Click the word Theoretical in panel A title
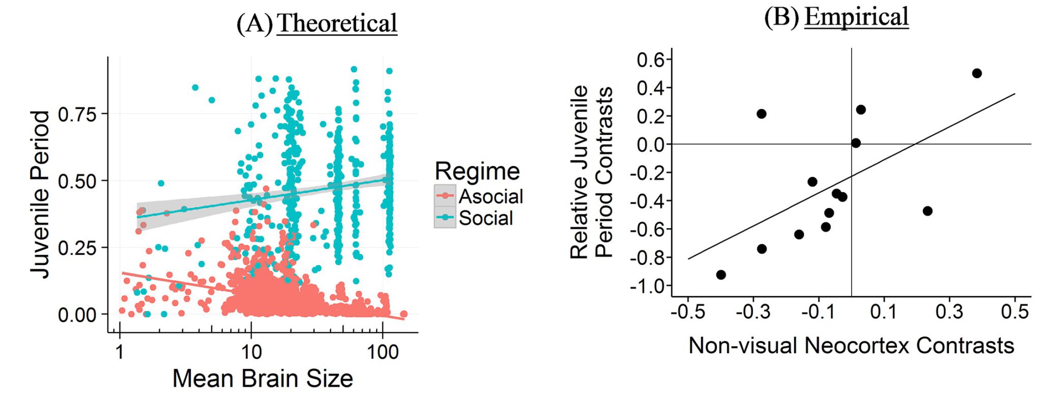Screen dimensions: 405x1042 337,23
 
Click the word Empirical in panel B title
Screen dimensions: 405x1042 856,17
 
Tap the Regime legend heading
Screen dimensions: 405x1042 477,171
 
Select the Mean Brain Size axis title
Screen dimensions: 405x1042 263,379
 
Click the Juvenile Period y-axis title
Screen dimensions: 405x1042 41,194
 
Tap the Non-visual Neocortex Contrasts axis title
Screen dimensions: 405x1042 851,346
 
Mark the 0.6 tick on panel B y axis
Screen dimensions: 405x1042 651,60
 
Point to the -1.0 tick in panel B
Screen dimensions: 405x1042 647,286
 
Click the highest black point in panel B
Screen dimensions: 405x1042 976,73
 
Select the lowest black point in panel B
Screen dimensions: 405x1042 720,275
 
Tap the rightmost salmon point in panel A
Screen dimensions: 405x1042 403,314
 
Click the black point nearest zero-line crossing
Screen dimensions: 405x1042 856,143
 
